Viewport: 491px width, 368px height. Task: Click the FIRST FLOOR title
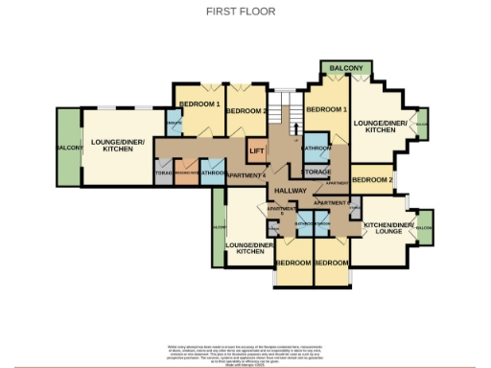point(241,11)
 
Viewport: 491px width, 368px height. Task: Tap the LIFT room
point(256,150)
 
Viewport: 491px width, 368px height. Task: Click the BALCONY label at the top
point(346,69)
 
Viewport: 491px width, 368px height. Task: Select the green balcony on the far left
point(67,147)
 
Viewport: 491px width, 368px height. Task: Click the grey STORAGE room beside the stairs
point(316,172)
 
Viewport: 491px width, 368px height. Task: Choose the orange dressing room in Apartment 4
point(187,172)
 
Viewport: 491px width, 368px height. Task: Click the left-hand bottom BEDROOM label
point(292,263)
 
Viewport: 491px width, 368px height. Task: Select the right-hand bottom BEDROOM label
point(331,263)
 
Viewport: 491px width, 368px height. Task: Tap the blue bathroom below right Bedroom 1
point(316,149)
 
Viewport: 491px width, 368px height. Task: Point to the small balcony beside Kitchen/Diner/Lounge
point(425,228)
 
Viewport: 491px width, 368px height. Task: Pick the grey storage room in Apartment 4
point(162,172)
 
